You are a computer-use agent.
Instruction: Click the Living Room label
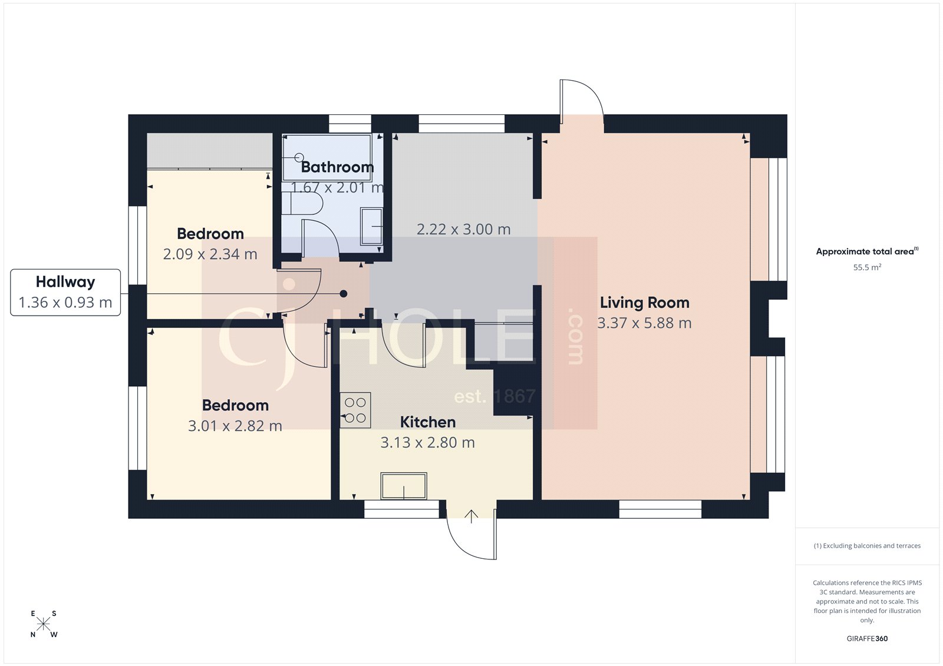[x=644, y=303]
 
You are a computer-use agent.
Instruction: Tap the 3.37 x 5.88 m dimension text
[x=644, y=323]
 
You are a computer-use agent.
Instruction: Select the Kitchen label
[x=427, y=422]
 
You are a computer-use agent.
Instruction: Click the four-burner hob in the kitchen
[x=355, y=410]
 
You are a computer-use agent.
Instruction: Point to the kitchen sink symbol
[x=404, y=486]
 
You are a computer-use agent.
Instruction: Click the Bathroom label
[x=337, y=167]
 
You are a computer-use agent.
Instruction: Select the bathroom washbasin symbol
[x=371, y=226]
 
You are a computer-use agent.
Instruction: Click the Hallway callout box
[x=65, y=292]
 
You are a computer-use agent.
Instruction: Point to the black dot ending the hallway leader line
[x=344, y=293]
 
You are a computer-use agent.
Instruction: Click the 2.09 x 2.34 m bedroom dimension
[x=210, y=254]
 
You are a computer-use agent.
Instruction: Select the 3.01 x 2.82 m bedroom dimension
[x=235, y=426]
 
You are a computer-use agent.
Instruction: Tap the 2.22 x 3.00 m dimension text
[x=463, y=230]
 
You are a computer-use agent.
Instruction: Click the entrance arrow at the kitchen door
[x=471, y=516]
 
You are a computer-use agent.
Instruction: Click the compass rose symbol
[x=44, y=624]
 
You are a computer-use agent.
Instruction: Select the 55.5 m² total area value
[x=867, y=267]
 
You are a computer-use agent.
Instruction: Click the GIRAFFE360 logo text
[x=867, y=638]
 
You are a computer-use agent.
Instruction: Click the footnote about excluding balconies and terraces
[x=867, y=546]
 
